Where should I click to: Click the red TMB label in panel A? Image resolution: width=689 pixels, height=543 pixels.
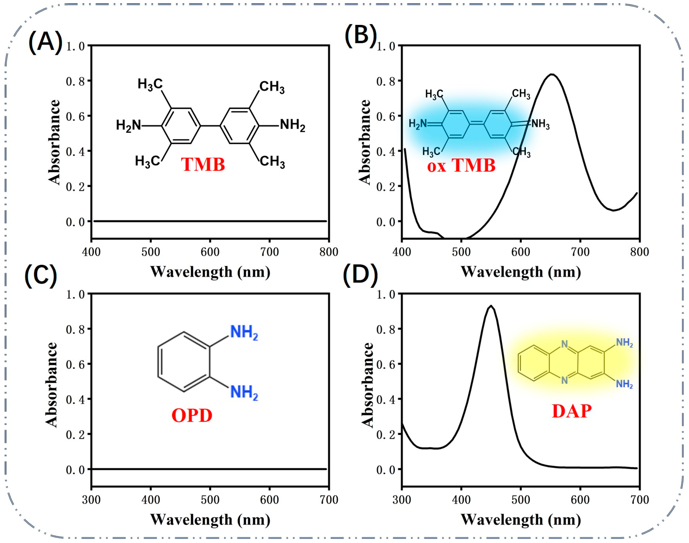coord(203,165)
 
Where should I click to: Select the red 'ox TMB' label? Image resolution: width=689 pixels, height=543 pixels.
coord(461,166)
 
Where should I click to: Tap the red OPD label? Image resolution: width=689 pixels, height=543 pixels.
coord(192,415)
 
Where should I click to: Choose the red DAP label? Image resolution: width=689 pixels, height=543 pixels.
coord(572,412)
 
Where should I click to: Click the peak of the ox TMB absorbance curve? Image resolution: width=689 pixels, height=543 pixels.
coord(552,74)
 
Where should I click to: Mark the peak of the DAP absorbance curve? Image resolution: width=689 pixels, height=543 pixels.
coord(491,306)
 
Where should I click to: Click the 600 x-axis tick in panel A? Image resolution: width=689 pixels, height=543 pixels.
coord(210,252)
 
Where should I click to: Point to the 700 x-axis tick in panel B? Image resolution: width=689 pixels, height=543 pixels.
coord(580,252)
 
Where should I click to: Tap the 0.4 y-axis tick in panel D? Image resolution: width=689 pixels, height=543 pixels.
coord(386,399)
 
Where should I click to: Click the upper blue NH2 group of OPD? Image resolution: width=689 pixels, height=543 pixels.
coord(244,333)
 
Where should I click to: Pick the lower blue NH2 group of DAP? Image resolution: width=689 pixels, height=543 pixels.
coord(624,384)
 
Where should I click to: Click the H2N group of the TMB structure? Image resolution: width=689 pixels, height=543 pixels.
coord(128,126)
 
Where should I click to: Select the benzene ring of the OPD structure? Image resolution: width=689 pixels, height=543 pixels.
coord(184,362)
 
